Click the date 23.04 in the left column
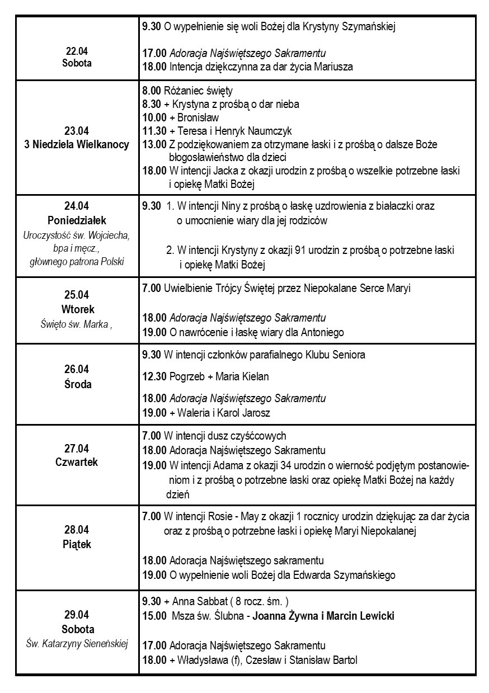77,131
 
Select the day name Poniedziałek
77,220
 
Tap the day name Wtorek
77,309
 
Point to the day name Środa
77,384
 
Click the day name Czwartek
77,462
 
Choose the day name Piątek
77,544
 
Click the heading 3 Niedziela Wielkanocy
77,144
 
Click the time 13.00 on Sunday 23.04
154,144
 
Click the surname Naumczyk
271,131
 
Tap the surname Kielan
255,376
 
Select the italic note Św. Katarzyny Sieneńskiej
77,643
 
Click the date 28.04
77,531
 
